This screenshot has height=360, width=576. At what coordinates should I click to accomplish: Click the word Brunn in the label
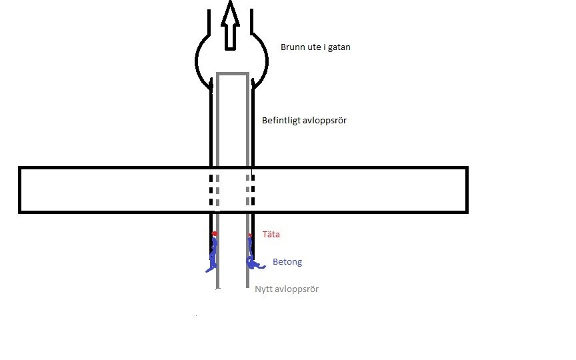click(293, 48)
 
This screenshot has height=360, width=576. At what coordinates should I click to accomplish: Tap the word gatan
click(339, 48)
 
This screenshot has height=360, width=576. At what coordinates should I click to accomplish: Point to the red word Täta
click(271, 235)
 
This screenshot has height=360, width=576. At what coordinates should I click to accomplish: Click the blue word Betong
click(287, 262)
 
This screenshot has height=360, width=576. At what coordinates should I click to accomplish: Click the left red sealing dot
click(215, 234)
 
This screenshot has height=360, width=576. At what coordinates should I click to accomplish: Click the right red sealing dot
click(249, 235)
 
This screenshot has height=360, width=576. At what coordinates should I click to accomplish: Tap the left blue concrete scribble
click(213, 257)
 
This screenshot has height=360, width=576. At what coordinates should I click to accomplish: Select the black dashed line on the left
click(212, 191)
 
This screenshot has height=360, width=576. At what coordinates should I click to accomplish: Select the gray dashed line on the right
click(248, 191)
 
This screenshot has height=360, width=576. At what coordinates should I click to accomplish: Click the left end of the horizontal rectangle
click(19, 190)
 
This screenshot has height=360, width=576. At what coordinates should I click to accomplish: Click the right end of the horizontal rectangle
click(466, 190)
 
